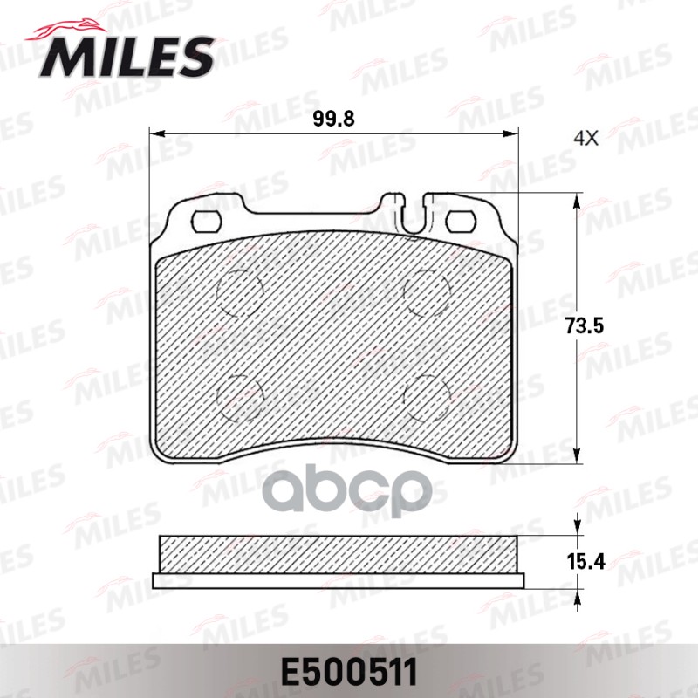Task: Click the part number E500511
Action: coord(348,672)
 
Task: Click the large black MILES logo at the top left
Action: coord(127,55)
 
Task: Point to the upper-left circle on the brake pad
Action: coord(240,291)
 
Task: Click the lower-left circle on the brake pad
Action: coord(240,394)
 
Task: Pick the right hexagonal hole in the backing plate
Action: coord(458,220)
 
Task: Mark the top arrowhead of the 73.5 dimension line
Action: coord(576,202)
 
